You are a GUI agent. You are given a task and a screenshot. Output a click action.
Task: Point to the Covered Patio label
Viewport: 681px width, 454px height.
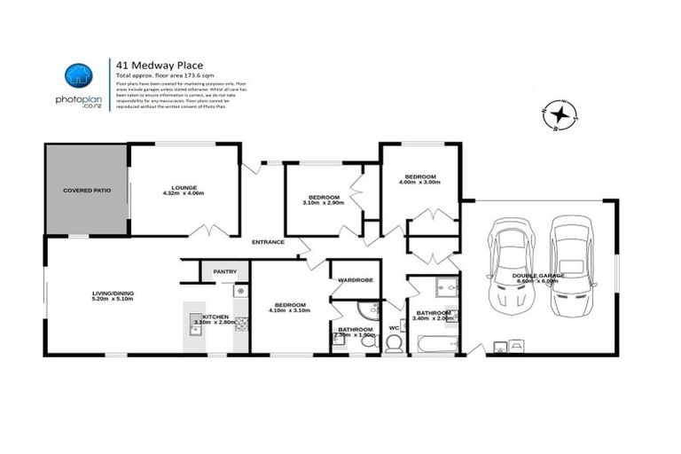pos(85,191)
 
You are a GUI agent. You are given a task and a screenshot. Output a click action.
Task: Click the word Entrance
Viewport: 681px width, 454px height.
pos(268,242)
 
